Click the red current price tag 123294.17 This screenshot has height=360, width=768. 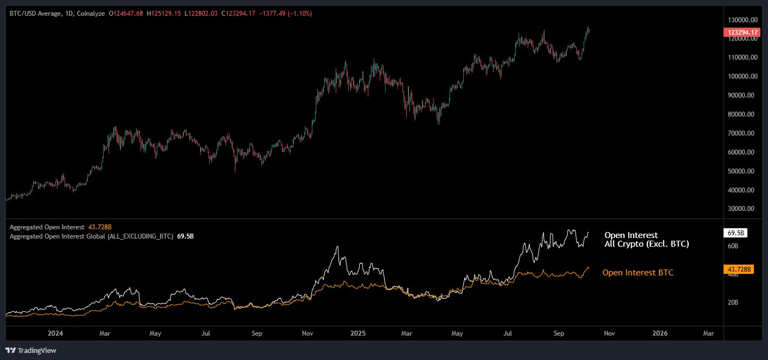tap(741, 33)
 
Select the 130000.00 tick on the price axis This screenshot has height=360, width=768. tap(741, 20)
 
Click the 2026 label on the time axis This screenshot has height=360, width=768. tap(660, 333)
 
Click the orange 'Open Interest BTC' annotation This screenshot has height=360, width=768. tap(638, 273)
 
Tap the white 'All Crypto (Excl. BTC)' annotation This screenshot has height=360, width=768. tap(647, 245)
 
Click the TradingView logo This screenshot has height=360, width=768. tap(31, 350)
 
